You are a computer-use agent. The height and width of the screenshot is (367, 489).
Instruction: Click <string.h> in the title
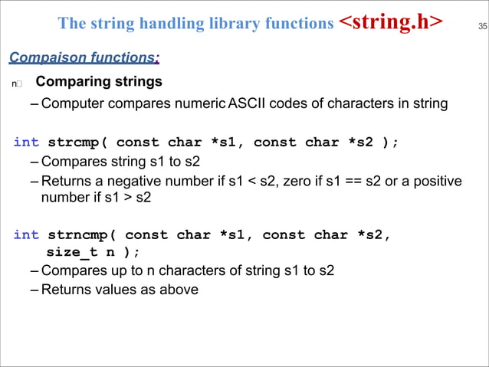pos(391,22)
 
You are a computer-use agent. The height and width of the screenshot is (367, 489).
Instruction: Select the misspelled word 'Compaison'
pos(39,57)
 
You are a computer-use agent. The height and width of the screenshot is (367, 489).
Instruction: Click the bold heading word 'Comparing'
pos(71,81)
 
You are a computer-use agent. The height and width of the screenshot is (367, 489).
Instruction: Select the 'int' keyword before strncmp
pos(26,234)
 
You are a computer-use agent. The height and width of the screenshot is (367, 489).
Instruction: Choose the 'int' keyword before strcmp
pos(26,142)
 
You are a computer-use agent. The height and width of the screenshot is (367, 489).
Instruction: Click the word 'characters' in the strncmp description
pos(166,270)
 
